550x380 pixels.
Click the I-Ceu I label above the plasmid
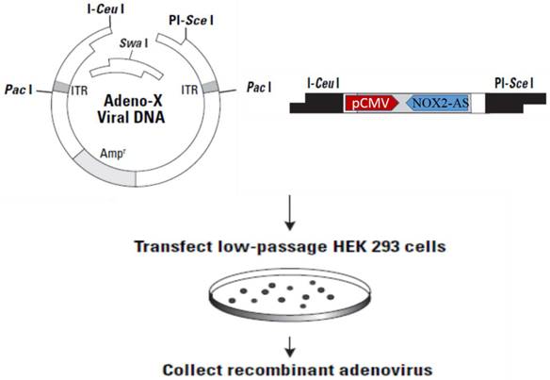tap(89, 12)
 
